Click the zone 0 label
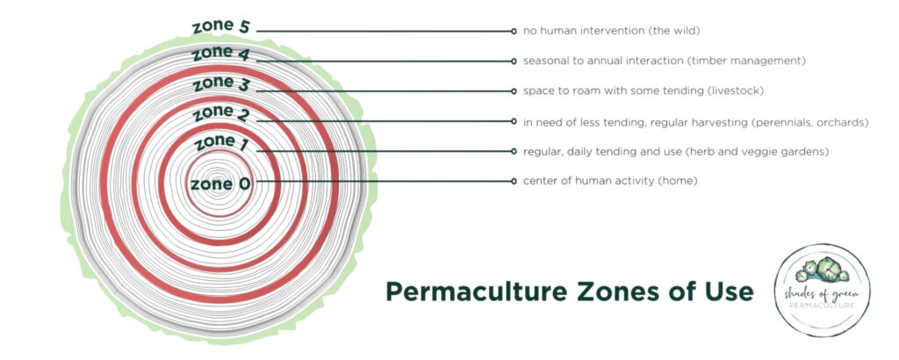[220, 184]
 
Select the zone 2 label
[220, 113]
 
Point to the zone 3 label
[220, 83]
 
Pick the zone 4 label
[220, 54]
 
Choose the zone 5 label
[220, 26]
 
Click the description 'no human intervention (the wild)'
[611, 31]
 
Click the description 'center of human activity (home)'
[610, 181]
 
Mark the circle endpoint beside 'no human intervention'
[514, 31]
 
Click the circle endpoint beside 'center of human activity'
[514, 181]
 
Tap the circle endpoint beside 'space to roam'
[514, 90]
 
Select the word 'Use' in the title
[730, 292]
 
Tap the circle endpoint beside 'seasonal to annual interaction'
[514, 61]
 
